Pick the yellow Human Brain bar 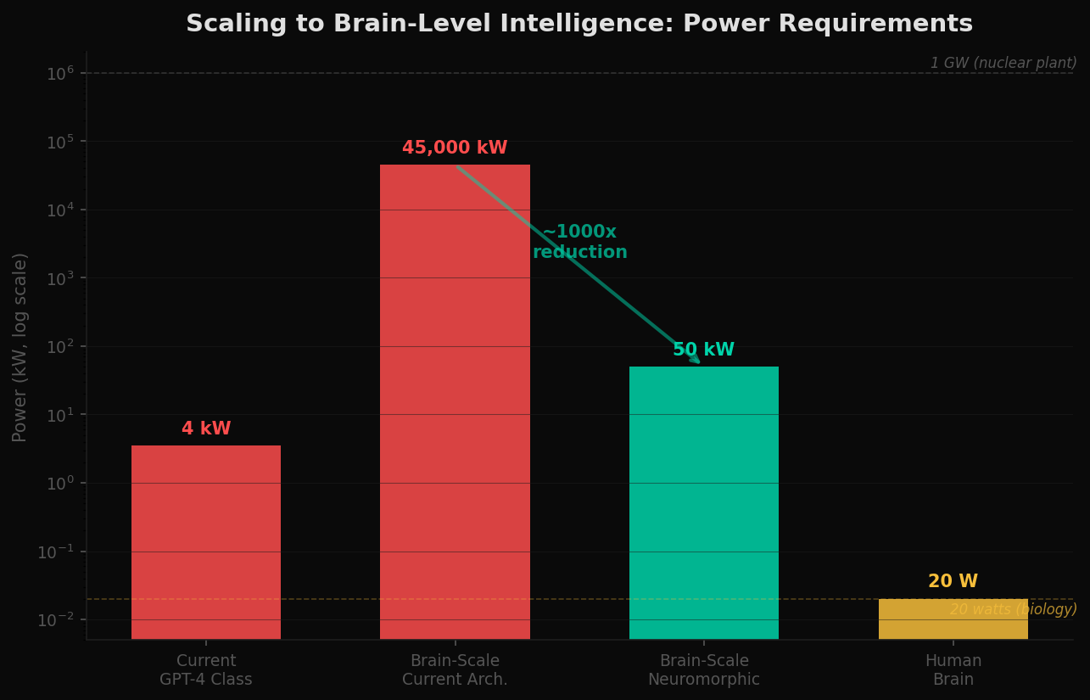pyautogui.click(x=953, y=619)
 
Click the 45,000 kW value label pyautogui.click(x=455, y=148)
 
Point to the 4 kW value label pyautogui.click(x=206, y=429)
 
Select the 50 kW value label pyautogui.click(x=703, y=350)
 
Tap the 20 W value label pyautogui.click(x=953, y=582)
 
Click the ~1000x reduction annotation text pyautogui.click(x=580, y=243)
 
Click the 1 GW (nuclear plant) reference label pyautogui.click(x=1003, y=64)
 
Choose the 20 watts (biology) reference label pyautogui.click(x=1013, y=610)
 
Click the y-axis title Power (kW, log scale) pyautogui.click(x=20, y=347)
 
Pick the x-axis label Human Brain pyautogui.click(x=953, y=670)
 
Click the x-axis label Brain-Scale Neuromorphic pyautogui.click(x=703, y=670)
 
